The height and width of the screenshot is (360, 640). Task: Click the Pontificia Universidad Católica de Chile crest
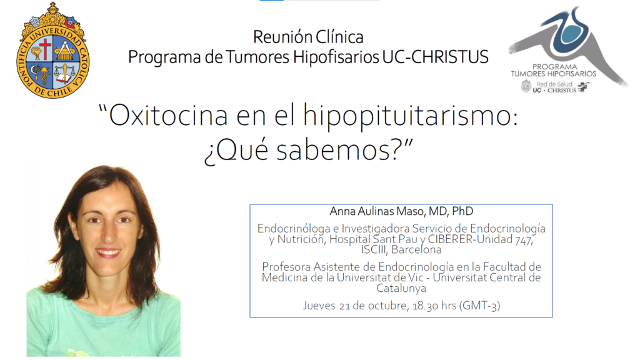53,51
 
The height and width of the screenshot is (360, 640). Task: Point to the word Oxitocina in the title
168,116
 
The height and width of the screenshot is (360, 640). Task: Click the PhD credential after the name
462,211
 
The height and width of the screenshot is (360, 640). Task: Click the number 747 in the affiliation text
524,239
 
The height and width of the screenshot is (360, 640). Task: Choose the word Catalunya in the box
401,288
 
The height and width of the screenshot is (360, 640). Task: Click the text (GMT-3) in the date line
479,306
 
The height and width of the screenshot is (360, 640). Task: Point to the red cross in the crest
45,48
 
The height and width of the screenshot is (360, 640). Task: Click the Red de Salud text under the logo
554,84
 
